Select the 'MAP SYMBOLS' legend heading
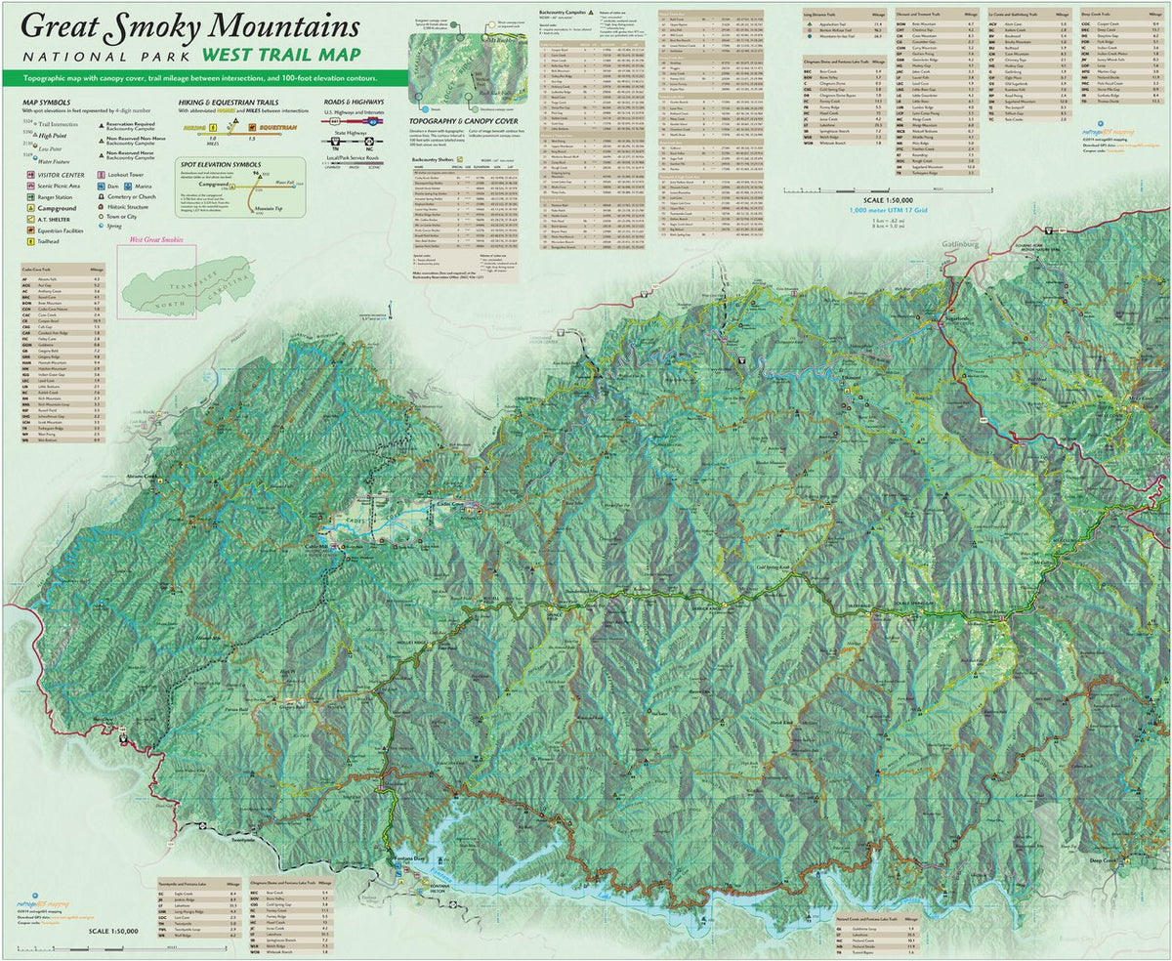point(45,101)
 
